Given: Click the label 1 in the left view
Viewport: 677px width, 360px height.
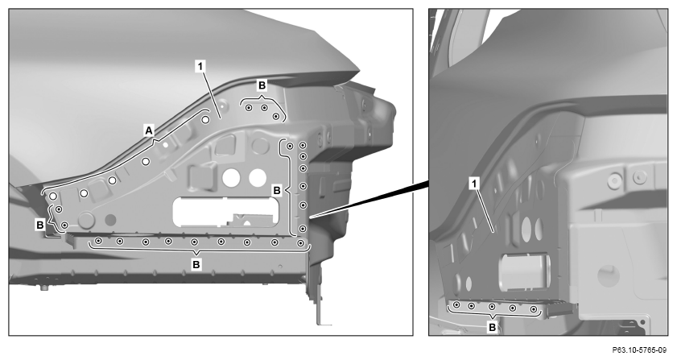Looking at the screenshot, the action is pyautogui.click(x=200, y=67).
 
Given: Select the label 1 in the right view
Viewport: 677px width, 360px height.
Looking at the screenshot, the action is pyautogui.click(x=474, y=184).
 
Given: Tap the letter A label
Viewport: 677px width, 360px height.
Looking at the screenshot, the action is pyautogui.click(x=149, y=130).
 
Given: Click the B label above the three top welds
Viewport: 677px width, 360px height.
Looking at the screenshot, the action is pyautogui.click(x=262, y=85).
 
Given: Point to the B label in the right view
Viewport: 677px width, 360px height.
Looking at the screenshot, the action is pyautogui.click(x=492, y=328).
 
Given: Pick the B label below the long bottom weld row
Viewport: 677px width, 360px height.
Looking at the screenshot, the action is pyautogui.click(x=196, y=264).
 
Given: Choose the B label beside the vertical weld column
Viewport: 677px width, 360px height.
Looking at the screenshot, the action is pyautogui.click(x=277, y=190).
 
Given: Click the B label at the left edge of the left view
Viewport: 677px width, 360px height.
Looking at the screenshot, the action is pyautogui.click(x=40, y=225).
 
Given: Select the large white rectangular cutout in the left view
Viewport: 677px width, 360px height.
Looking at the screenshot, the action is pyautogui.click(x=225, y=212).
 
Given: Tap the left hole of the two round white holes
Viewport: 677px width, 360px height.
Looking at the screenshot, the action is pyautogui.click(x=231, y=177).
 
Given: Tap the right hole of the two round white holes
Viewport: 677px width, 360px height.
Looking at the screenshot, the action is pyautogui.click(x=258, y=177).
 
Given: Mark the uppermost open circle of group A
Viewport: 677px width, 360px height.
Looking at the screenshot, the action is pyautogui.click(x=205, y=120).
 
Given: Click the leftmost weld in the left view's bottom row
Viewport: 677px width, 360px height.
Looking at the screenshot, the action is pyautogui.click(x=99, y=240).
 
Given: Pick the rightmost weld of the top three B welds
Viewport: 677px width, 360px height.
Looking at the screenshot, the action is pyautogui.click(x=276, y=116).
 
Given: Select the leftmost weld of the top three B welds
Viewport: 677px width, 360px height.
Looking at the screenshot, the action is pyautogui.click(x=249, y=108).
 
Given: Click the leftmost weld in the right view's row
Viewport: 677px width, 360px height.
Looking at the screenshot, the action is pyautogui.click(x=456, y=305).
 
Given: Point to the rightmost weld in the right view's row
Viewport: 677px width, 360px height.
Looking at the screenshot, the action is pyautogui.click(x=534, y=309).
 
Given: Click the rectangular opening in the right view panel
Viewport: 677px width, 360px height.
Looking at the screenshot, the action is pyautogui.click(x=524, y=273).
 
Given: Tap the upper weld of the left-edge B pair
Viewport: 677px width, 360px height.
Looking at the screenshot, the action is pyautogui.click(x=59, y=209).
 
